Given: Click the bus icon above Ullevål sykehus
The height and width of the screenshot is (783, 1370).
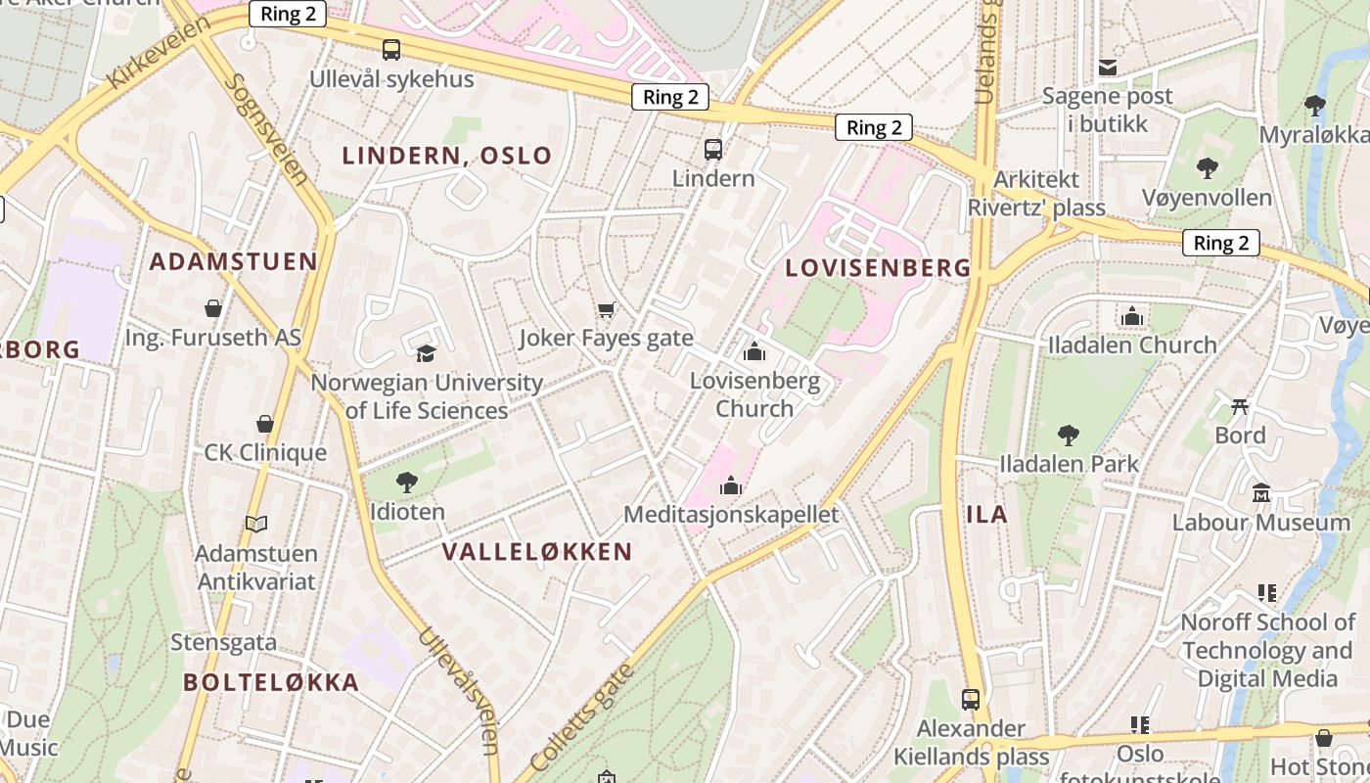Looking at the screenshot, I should point(391,49).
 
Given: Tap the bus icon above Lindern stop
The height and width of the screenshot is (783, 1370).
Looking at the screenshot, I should point(713,150).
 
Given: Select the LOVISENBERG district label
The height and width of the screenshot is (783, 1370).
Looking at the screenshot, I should point(878,267).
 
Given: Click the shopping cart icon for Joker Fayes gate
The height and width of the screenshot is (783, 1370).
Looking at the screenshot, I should point(606,310).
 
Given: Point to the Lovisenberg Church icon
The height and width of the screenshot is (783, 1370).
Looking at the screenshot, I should point(753,351).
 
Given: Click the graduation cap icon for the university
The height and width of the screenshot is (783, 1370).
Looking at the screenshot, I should point(426,353).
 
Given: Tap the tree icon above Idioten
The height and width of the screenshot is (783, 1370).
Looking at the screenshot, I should point(407,482).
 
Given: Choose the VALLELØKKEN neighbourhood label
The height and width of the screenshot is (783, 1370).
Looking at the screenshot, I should point(537,552).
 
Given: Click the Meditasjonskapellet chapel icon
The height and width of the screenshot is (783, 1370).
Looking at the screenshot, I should point(731,485).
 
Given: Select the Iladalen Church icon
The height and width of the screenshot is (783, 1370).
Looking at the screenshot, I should point(1132,316).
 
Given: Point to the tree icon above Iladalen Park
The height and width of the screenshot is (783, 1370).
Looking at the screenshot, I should point(1069,435).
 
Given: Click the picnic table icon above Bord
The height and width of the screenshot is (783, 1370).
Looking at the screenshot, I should point(1240,405).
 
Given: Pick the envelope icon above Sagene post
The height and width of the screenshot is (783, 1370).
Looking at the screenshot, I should point(1108,68).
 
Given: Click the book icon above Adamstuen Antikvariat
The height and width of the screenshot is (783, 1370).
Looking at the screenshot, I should point(256,525).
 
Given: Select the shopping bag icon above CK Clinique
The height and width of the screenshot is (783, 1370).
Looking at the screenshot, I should point(264,424).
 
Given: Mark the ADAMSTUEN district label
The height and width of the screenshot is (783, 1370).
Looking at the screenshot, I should point(233,261).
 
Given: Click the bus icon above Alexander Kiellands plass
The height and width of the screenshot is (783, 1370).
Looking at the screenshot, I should point(971,699).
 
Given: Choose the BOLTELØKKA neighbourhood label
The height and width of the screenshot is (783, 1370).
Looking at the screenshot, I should point(271,682).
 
